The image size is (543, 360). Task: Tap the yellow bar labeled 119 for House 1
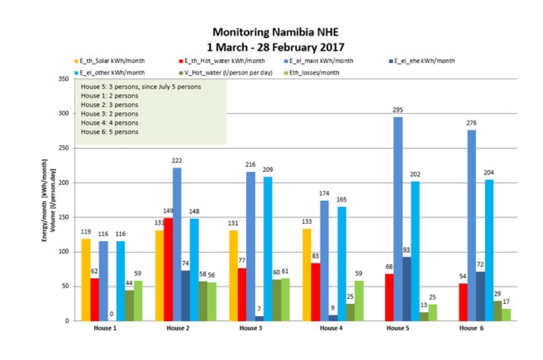tap(85, 280)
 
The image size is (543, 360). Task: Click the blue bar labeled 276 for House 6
tap(471, 226)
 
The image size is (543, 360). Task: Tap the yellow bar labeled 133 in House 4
tap(306, 275)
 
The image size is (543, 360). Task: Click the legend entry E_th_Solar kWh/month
tap(112, 61)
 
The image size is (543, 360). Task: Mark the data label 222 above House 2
tap(176, 161)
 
